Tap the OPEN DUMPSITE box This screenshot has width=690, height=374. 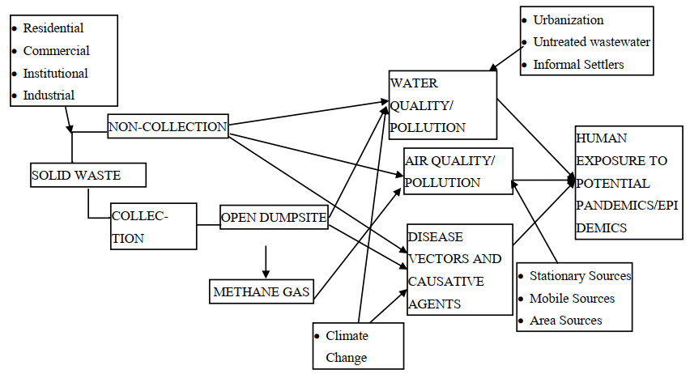[274, 217]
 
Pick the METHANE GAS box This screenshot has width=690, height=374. [262, 291]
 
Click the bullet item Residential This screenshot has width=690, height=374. [53, 28]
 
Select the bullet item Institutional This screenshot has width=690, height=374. [56, 73]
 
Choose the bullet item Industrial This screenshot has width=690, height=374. [49, 95]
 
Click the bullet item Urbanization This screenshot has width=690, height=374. [568, 19]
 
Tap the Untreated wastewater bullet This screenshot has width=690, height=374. [591, 41]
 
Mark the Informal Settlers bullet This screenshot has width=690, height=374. [578, 64]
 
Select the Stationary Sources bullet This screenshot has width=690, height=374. [580, 276]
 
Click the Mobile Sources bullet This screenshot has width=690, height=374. [572, 298]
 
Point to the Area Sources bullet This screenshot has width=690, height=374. [565, 320]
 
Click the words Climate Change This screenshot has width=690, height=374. [347, 346]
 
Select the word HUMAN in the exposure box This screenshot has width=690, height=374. [602, 138]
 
